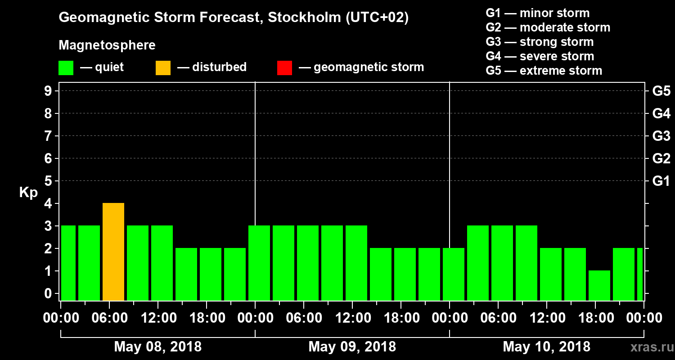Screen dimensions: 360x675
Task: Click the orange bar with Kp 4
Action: tap(113, 252)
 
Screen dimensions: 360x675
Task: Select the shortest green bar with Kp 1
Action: tap(599, 285)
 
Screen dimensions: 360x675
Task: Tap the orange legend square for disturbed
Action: tap(163, 67)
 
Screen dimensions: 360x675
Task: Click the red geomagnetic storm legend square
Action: tap(284, 67)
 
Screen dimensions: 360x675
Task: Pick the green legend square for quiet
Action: tap(66, 67)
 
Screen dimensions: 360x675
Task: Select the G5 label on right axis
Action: tap(661, 91)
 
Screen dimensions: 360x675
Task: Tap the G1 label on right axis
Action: tap(661, 181)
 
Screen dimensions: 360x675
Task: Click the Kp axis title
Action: tap(28, 193)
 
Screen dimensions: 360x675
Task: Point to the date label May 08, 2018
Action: tap(158, 346)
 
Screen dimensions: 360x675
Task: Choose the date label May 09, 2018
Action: tap(352, 346)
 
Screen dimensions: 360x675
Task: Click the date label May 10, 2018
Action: tap(546, 346)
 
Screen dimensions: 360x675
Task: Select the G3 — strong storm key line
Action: tap(540, 42)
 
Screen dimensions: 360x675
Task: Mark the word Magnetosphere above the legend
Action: tap(107, 45)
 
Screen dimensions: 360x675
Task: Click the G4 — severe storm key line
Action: tap(540, 56)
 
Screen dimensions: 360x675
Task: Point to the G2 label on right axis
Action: tap(661, 158)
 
